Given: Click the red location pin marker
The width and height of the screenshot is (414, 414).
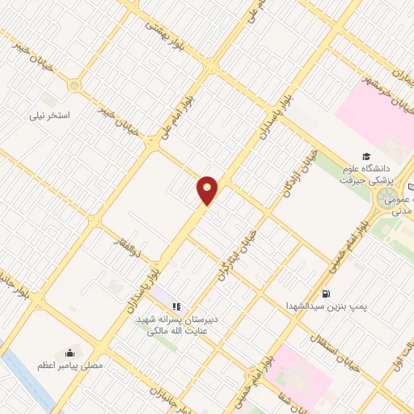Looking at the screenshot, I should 208,191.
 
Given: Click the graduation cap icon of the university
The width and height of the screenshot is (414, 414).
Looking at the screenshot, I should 366,157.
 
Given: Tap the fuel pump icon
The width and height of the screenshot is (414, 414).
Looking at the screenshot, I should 326,294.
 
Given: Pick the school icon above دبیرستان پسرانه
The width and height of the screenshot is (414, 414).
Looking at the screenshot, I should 175,306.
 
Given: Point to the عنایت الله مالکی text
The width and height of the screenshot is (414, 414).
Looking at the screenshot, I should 176,329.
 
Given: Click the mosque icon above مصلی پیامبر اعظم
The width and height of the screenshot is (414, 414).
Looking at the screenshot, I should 70,353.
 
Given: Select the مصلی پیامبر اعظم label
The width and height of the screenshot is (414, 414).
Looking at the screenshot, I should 70,366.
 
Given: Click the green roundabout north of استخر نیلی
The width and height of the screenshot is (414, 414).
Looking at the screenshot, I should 75,85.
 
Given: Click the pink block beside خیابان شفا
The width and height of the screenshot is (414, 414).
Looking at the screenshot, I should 299,376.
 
